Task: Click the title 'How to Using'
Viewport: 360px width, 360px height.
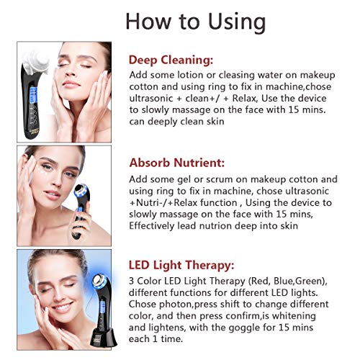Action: (195, 20)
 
